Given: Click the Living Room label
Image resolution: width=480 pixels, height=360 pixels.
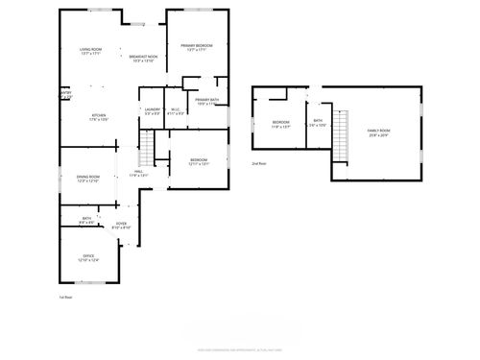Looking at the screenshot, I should [91, 49].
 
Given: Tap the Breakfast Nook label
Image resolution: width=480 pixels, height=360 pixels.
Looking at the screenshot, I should [142, 58].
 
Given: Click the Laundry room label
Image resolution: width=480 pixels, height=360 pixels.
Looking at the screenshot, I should [152, 110].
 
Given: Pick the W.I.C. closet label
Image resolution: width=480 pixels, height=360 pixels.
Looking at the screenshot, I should [176, 110].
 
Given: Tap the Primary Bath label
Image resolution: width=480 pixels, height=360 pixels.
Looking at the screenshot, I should [207, 101].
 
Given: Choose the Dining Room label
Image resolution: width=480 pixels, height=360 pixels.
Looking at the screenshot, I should [88, 178].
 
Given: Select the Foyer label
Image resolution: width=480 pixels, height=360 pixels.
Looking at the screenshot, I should [122, 225].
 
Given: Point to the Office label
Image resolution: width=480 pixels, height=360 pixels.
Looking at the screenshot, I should [88, 256].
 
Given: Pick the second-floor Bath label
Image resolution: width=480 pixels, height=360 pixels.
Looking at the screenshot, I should [318, 123].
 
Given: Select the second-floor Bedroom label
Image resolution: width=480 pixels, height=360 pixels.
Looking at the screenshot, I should [280, 124].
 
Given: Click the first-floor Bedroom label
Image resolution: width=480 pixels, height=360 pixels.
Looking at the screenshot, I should [199, 160].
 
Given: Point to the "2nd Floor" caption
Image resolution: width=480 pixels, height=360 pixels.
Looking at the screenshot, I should [259, 163].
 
